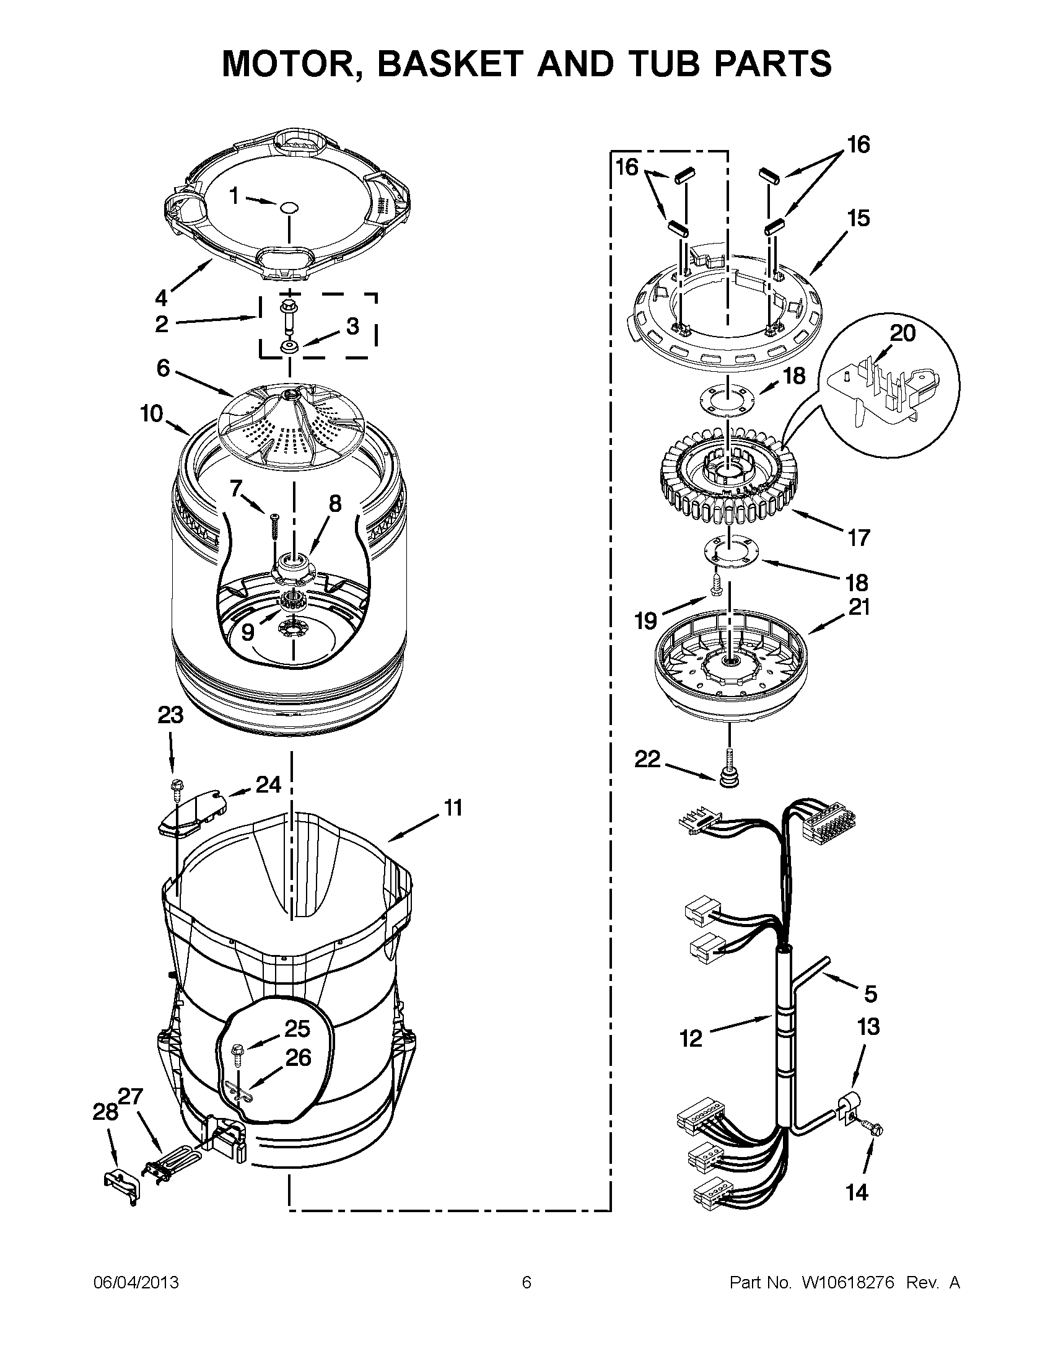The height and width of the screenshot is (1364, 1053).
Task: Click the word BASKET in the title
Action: (x=447, y=63)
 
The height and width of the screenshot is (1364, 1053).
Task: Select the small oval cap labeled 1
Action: (x=289, y=207)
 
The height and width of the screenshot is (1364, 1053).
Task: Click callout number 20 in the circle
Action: (x=902, y=333)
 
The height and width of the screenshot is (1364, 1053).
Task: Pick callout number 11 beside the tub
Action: (x=453, y=807)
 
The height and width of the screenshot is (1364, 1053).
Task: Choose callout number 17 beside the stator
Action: (x=859, y=538)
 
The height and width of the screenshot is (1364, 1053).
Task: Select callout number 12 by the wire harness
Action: (x=691, y=1039)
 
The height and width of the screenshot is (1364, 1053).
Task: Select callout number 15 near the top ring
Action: (x=859, y=219)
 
